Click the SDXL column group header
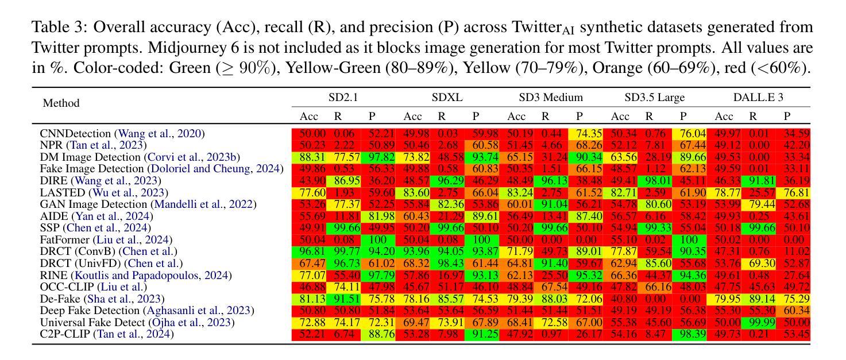(x=447, y=98)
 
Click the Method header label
(x=61, y=103)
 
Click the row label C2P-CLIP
(x=65, y=334)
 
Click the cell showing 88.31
(x=309, y=157)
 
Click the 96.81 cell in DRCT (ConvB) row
(x=309, y=251)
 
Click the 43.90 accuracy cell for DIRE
(x=309, y=181)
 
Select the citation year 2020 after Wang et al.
(x=190, y=134)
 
